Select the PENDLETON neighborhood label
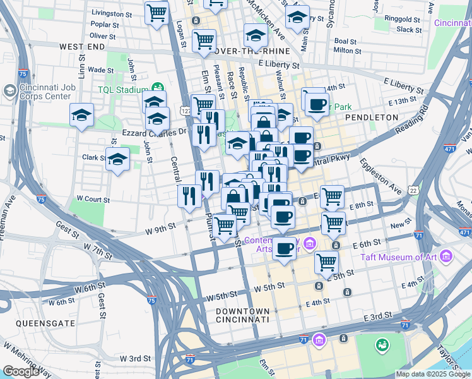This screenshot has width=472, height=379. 372,117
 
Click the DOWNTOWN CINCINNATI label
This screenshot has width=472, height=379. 243,316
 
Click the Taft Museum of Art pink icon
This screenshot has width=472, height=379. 447,256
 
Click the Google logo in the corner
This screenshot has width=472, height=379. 21,371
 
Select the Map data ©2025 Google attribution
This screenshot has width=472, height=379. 433,374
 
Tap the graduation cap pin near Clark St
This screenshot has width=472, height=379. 117,160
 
